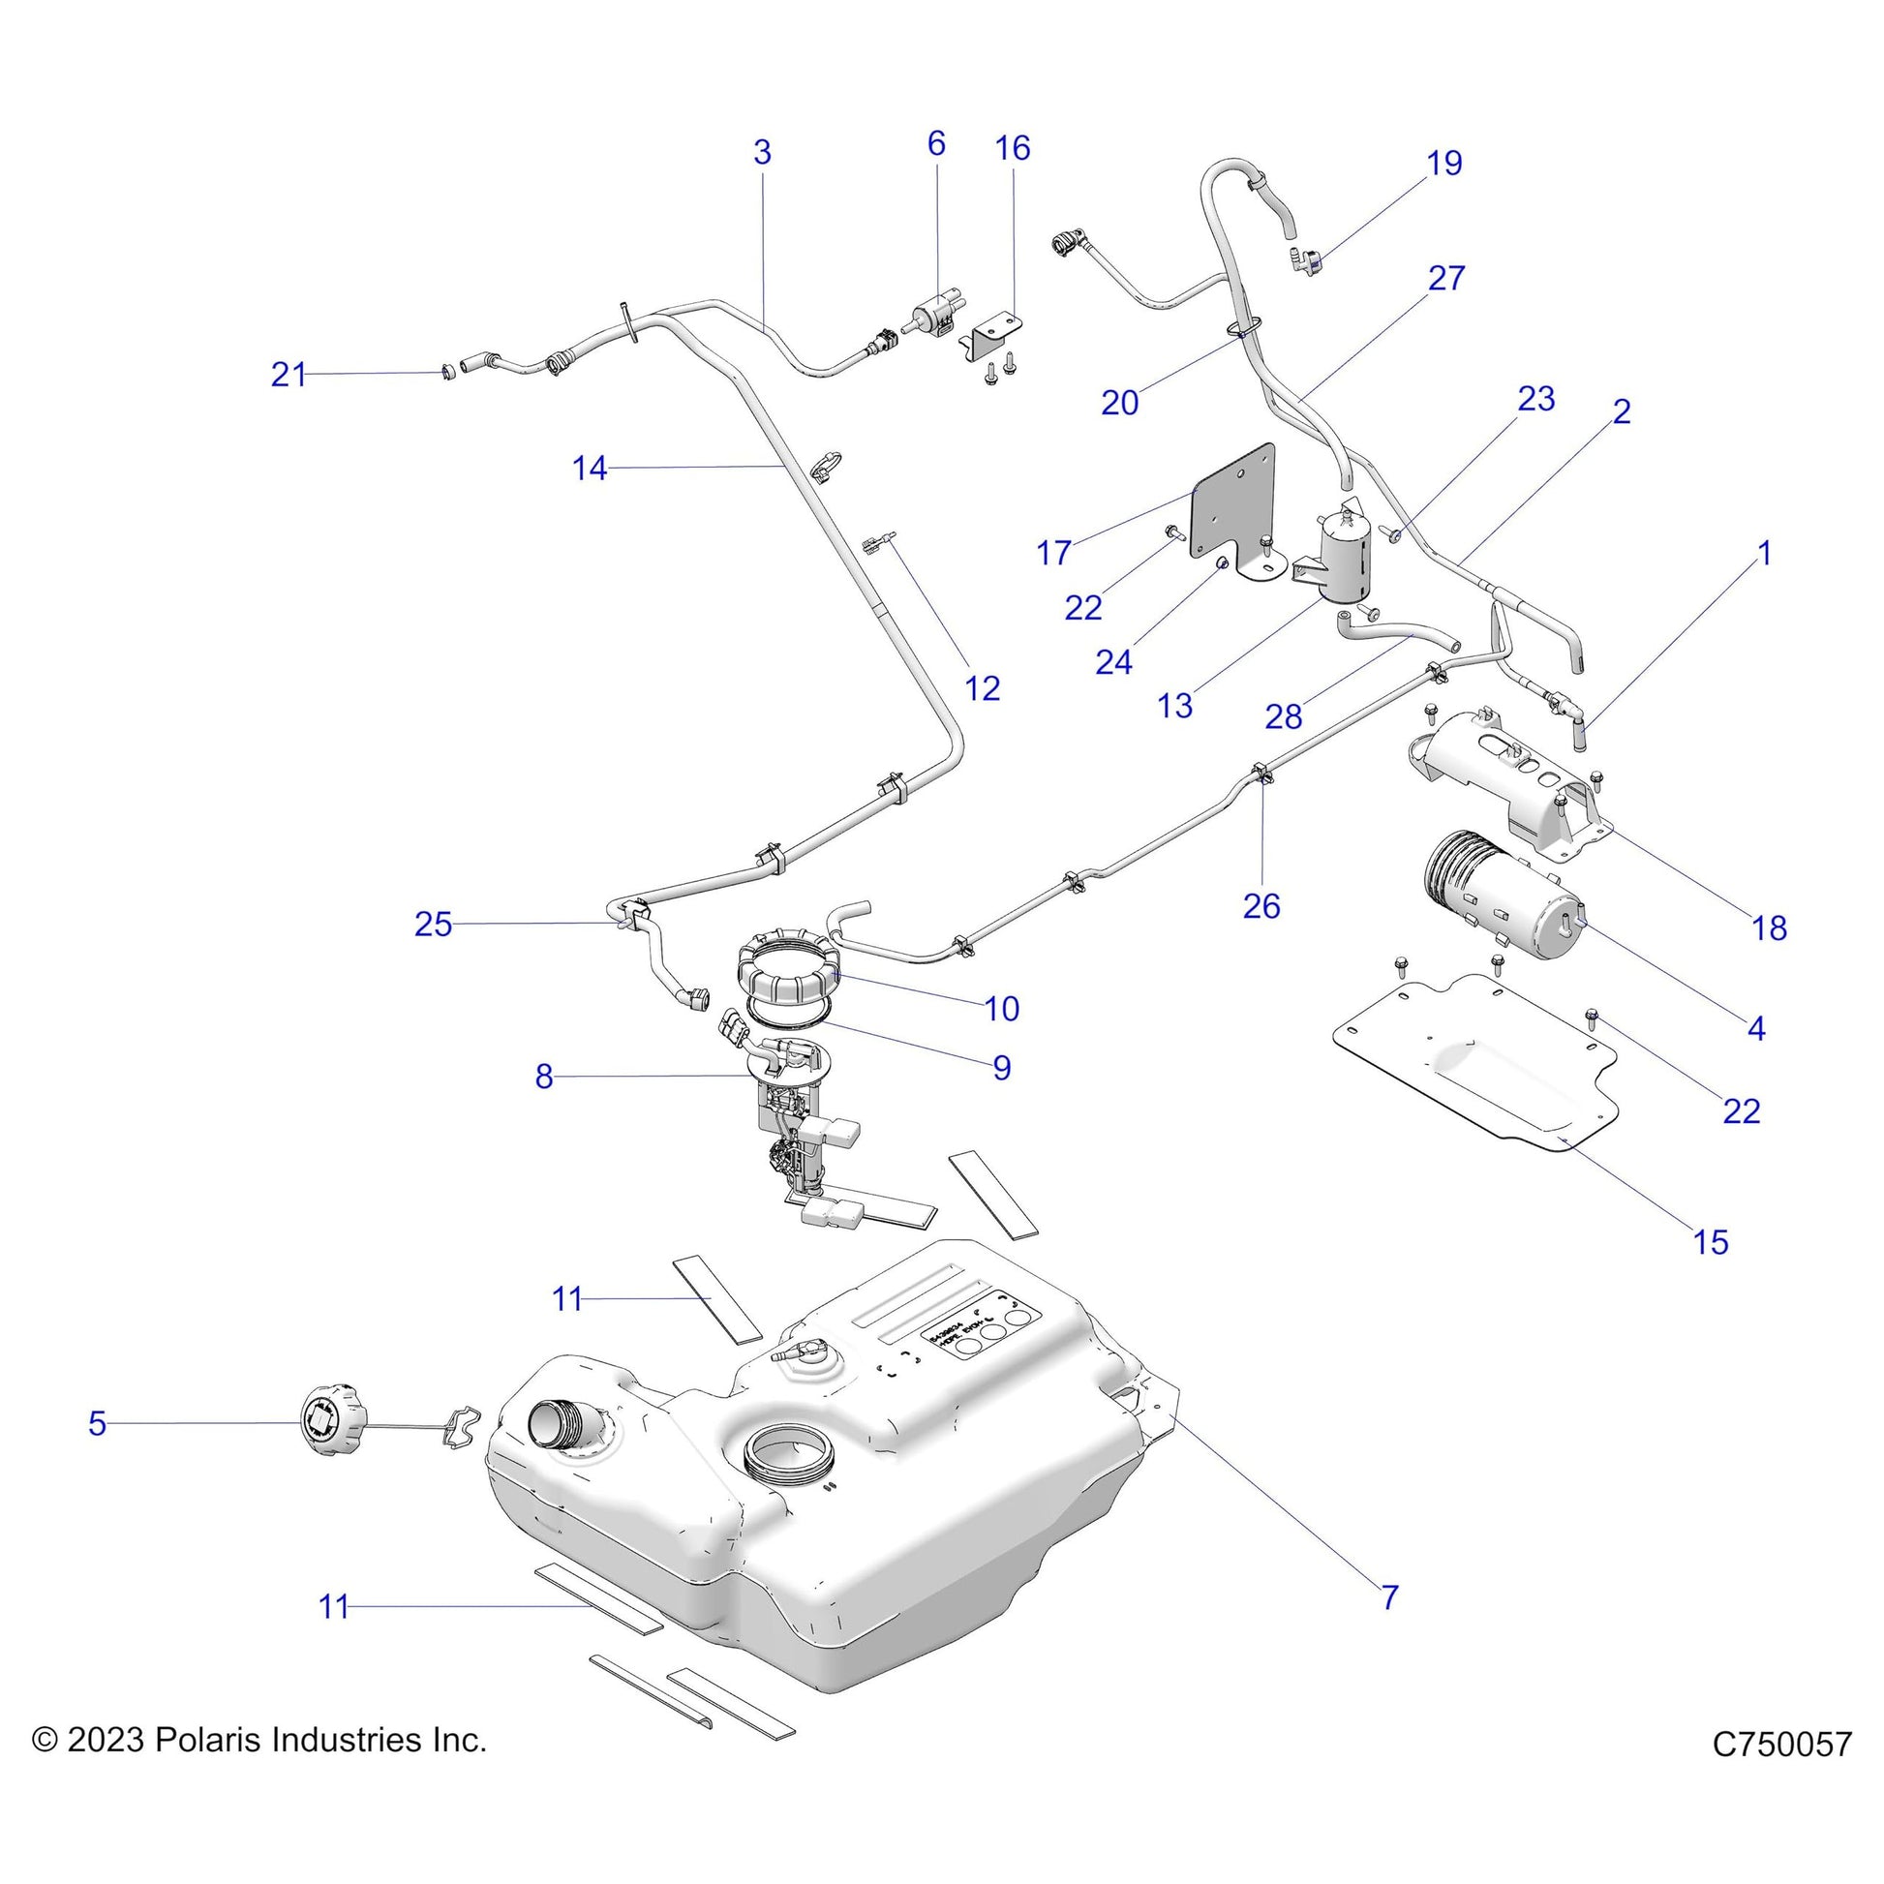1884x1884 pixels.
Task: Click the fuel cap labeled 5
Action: [x=330, y=1425]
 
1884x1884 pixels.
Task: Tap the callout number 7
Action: [x=1390, y=1597]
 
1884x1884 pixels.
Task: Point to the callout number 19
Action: [x=1444, y=163]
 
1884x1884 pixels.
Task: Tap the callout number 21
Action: [x=288, y=375]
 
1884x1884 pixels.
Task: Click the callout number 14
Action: [x=589, y=469]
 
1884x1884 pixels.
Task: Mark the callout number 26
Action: [x=1260, y=906]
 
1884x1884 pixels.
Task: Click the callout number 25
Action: [x=433, y=924]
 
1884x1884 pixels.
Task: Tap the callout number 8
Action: [x=543, y=1077]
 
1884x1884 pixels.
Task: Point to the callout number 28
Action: [x=1284, y=716]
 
